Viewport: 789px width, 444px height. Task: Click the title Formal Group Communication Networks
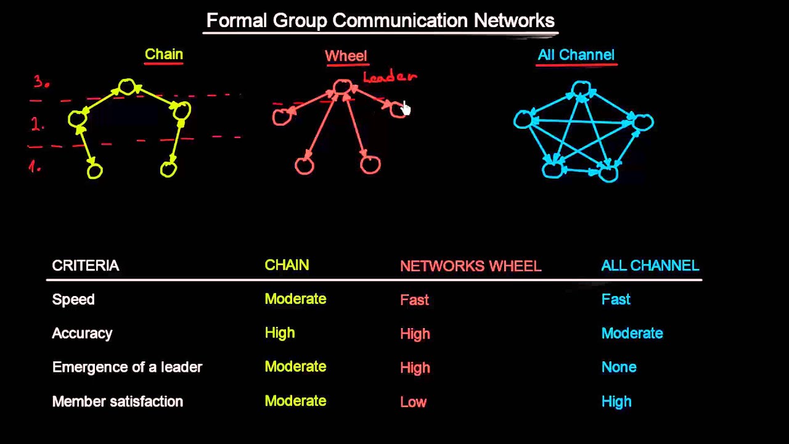(x=380, y=20)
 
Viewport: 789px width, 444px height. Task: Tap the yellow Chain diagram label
(x=164, y=54)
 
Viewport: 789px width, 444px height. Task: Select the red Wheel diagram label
(x=346, y=56)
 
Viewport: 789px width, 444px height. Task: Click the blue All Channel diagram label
(x=576, y=55)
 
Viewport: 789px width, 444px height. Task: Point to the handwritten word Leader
(x=390, y=77)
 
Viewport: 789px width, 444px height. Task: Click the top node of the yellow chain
(x=127, y=86)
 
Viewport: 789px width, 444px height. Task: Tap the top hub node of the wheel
(x=342, y=87)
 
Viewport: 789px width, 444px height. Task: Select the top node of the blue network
(x=581, y=90)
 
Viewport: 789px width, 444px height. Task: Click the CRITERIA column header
(x=86, y=266)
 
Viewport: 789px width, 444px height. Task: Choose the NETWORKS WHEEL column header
(x=470, y=266)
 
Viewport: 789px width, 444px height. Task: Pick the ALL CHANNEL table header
(x=650, y=266)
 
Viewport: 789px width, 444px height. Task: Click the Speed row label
(x=73, y=300)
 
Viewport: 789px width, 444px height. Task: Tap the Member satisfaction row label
(x=118, y=401)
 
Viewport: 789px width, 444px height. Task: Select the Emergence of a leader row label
(x=127, y=368)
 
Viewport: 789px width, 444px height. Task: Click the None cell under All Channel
(x=618, y=368)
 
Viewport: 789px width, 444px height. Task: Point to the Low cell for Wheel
(x=413, y=402)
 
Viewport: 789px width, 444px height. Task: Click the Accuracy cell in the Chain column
(x=280, y=333)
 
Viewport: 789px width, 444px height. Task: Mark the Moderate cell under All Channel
(x=632, y=334)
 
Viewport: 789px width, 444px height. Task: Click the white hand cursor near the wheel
(x=405, y=109)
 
